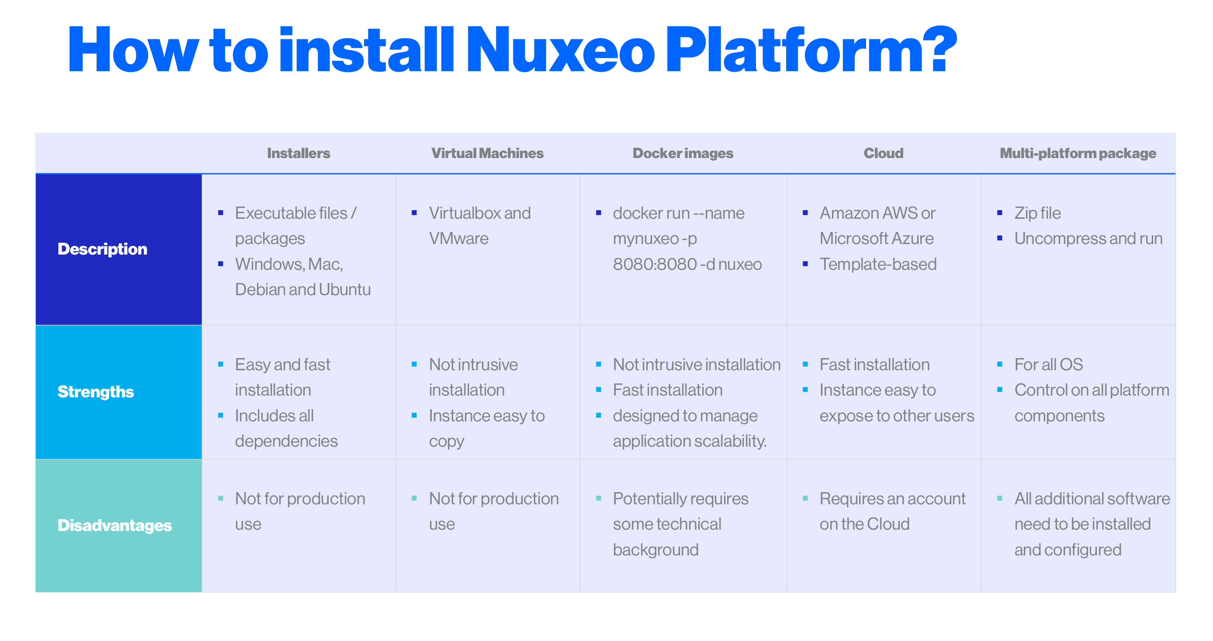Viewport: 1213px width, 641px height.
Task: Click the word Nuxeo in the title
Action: tap(560, 50)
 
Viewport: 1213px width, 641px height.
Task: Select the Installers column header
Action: tap(298, 153)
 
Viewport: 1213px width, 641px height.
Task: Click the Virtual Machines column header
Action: tap(487, 153)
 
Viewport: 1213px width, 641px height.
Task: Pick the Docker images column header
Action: tap(683, 153)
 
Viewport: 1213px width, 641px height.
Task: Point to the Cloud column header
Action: tap(884, 153)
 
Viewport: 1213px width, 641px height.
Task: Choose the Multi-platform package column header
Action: tap(1078, 153)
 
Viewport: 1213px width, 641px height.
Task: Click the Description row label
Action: tap(102, 249)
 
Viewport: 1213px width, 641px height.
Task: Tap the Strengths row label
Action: tap(96, 392)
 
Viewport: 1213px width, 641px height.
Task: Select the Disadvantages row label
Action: tap(114, 525)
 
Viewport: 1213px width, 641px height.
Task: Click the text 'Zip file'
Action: tap(1037, 213)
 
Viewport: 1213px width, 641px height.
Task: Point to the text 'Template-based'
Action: tap(878, 265)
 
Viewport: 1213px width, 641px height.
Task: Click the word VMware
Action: tap(459, 238)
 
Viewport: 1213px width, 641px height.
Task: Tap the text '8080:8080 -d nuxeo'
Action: tap(687, 265)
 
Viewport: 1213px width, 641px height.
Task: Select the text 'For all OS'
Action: tap(1049, 365)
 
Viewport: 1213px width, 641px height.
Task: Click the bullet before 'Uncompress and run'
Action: tap(1000, 238)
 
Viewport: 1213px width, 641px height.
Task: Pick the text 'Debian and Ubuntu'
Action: tap(303, 290)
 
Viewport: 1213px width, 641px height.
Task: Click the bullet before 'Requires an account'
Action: tap(805, 498)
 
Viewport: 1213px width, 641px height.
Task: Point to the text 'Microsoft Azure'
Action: tap(876, 238)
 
